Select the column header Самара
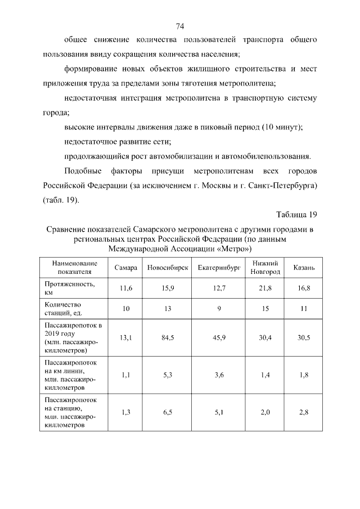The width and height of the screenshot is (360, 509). [126, 267]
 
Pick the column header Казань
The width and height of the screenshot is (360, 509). [304, 267]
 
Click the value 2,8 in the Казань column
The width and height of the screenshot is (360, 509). [304, 412]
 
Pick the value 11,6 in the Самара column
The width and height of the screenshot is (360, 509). [126, 288]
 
